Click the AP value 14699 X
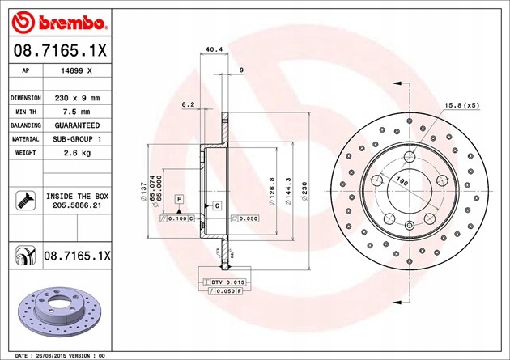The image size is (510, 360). pyautogui.click(x=78, y=71)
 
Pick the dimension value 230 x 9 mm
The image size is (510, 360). pyautogui.click(x=78, y=97)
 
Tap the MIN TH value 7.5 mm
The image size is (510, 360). pyautogui.click(x=78, y=111)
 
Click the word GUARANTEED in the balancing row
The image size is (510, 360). pyautogui.click(x=78, y=125)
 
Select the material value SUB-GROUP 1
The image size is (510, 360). pyautogui.click(x=78, y=139)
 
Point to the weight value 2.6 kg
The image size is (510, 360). pyautogui.click(x=78, y=153)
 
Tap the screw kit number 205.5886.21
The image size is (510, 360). pyautogui.click(x=78, y=206)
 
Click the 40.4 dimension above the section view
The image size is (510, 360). pyautogui.click(x=215, y=49)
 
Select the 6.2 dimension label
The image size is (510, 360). pyautogui.click(x=188, y=104)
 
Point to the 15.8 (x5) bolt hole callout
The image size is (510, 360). pyautogui.click(x=461, y=104)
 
